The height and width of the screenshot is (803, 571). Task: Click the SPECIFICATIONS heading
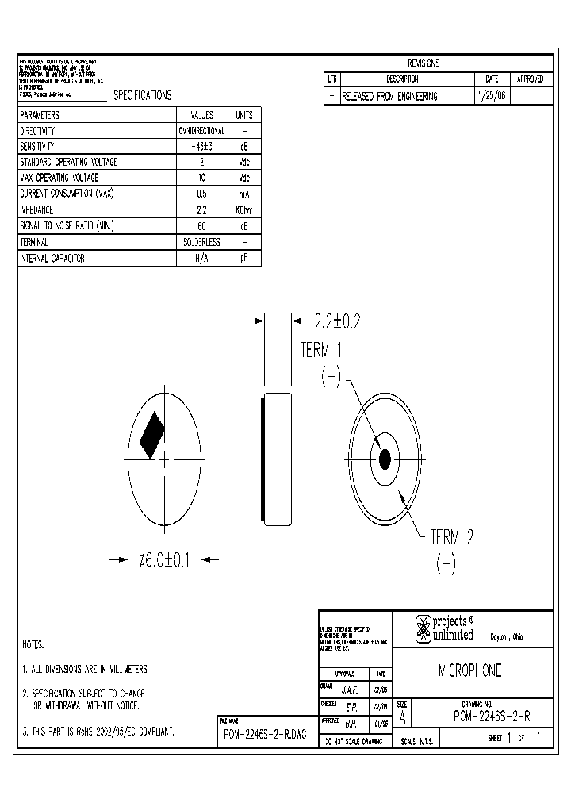point(142,95)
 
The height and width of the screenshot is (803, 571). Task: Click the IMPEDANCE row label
point(36,210)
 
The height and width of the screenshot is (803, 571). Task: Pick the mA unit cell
point(244,194)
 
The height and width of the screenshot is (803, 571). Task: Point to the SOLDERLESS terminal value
point(201,242)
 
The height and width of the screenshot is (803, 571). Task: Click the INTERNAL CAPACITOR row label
point(52,259)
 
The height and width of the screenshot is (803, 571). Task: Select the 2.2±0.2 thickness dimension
point(337,321)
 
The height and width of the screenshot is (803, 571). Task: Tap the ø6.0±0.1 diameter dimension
point(165,560)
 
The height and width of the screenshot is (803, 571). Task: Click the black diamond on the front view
point(151,435)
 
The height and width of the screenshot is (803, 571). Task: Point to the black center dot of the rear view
point(385,459)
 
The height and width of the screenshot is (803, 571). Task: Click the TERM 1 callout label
point(321,351)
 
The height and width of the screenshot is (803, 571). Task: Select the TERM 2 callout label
point(451,537)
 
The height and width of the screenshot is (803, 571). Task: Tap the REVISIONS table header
point(423,63)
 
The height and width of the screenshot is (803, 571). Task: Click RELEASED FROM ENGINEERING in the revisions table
point(389,96)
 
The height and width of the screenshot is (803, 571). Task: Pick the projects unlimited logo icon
point(423,628)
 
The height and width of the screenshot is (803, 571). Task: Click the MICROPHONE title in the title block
point(469,671)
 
